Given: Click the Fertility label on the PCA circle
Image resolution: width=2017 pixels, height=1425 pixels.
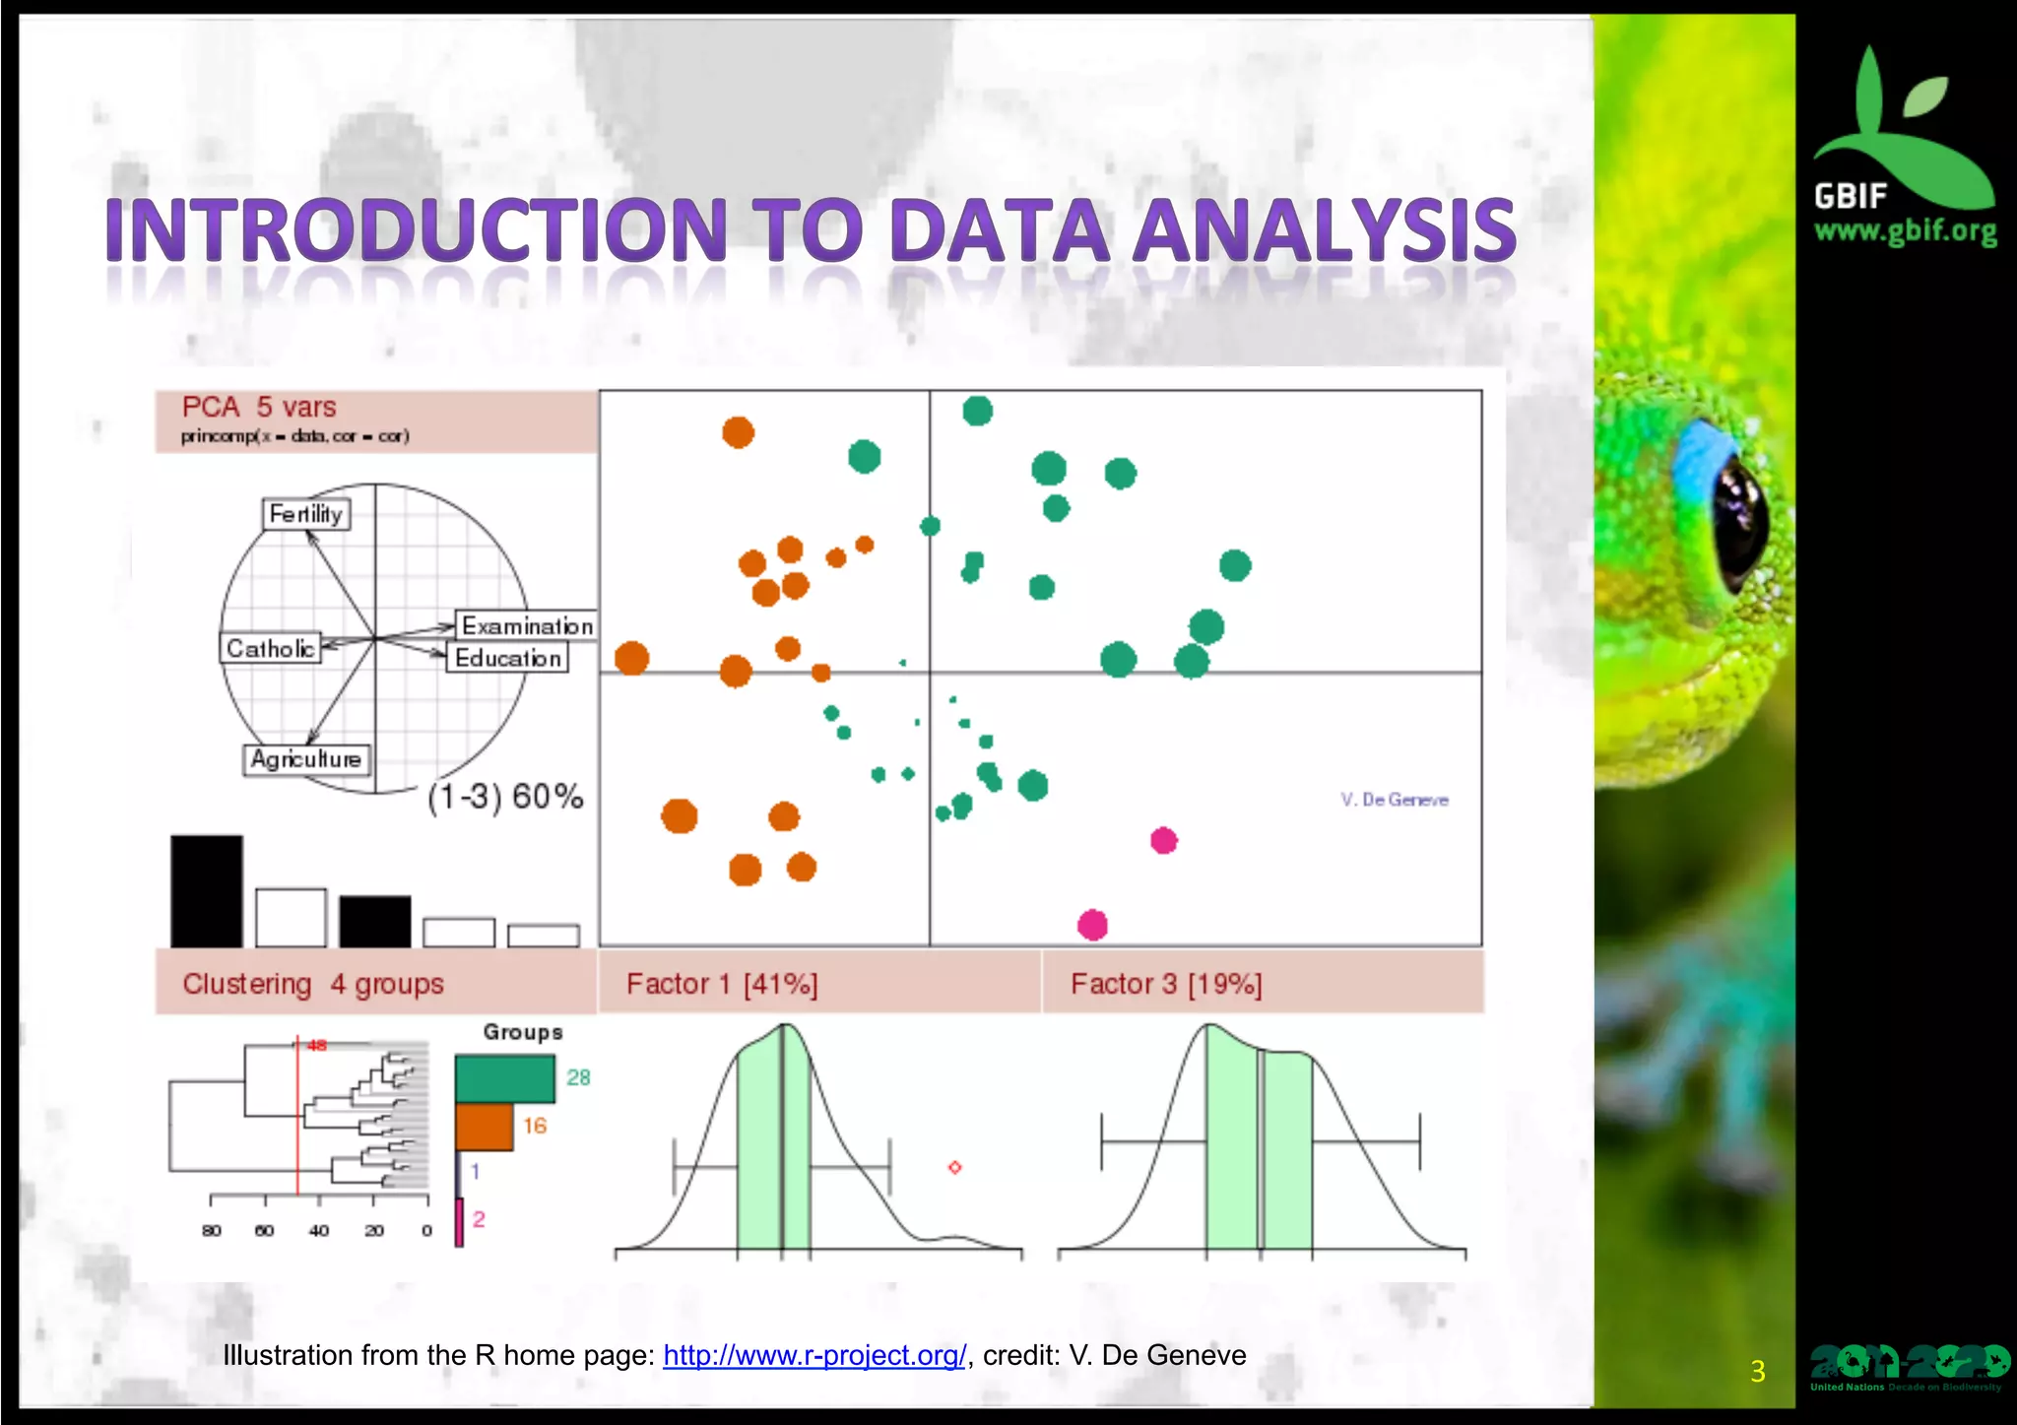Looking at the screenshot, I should (x=305, y=514).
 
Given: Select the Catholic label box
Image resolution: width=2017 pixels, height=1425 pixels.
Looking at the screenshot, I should (x=270, y=648).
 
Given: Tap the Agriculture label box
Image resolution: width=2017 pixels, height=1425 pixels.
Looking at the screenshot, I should (x=306, y=759).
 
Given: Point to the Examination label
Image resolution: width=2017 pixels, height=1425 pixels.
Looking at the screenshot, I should (x=526, y=626).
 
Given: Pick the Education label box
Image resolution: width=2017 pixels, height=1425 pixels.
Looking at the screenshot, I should (x=507, y=658).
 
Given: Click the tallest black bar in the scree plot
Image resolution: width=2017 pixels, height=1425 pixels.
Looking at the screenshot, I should (x=207, y=891).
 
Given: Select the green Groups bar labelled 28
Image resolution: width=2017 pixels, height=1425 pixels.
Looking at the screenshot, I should (x=505, y=1078).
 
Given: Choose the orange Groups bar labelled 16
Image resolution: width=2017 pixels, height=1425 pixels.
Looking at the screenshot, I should (x=485, y=1127).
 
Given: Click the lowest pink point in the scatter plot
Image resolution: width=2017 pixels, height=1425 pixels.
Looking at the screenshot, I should (x=1092, y=925).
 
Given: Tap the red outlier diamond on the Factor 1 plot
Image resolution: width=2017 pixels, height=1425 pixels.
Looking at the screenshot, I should (x=954, y=1167).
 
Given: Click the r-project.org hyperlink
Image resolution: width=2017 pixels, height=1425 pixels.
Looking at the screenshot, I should (x=814, y=1355).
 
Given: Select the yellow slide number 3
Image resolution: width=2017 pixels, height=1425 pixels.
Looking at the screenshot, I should (x=1758, y=1371).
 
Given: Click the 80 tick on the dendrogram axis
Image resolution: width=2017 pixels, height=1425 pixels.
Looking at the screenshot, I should (x=211, y=1230).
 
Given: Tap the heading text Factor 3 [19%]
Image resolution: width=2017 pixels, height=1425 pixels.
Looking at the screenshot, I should (x=1166, y=984).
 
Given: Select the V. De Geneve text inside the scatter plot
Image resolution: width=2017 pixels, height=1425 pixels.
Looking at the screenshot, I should (x=1394, y=800).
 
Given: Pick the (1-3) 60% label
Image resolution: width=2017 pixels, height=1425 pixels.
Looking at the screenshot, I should (x=505, y=796).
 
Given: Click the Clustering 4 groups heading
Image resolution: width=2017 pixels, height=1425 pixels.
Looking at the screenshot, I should (x=313, y=984).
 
